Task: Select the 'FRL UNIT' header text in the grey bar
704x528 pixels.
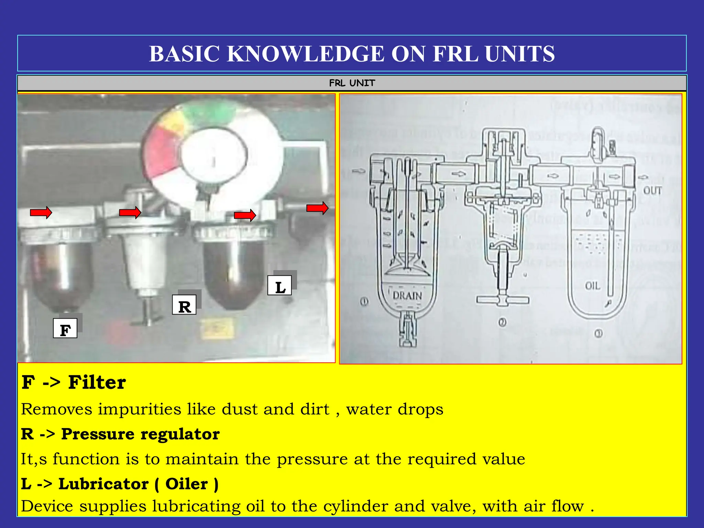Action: click(352, 83)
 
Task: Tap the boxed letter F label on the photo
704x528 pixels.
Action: click(65, 329)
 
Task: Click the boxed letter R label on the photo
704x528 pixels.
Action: click(184, 305)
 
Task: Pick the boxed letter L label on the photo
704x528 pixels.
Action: click(279, 286)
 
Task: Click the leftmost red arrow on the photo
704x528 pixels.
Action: click(41, 213)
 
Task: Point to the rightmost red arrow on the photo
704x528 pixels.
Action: click(317, 208)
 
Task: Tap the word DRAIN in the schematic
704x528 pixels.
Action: click(407, 295)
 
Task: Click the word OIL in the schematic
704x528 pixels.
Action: click(593, 286)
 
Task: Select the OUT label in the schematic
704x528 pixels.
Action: click(652, 190)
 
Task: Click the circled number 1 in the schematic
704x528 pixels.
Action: click(364, 302)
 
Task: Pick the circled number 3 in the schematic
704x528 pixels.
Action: click(598, 333)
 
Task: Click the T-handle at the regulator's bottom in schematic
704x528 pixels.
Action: click(502, 300)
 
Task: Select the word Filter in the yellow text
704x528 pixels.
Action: click(97, 382)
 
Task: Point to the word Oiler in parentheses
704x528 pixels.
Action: click(187, 484)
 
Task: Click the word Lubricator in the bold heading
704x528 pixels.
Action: click(103, 484)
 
